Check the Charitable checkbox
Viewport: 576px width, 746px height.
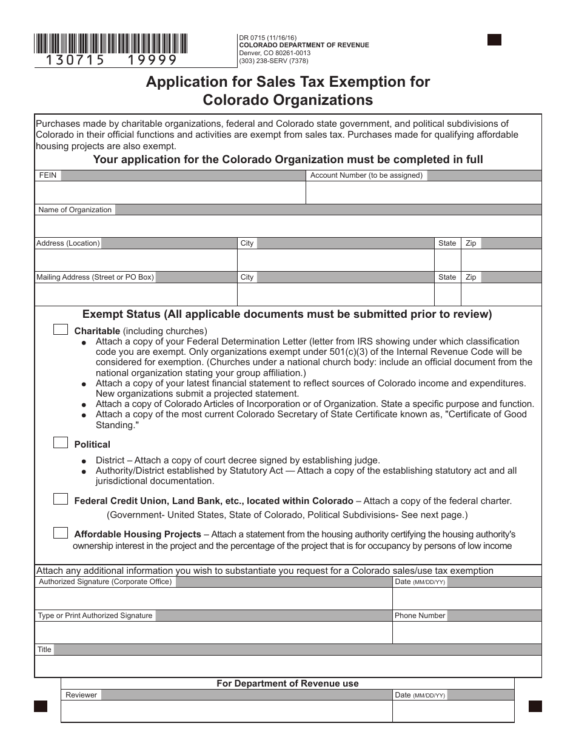point(61,330)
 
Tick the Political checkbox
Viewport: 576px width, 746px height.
point(61,443)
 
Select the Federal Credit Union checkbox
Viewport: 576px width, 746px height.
point(61,500)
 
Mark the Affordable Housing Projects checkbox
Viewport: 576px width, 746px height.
point(61,533)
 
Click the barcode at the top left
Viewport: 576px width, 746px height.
point(111,44)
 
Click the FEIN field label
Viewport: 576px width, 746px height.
point(48,175)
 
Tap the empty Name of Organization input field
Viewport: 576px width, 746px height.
point(288,226)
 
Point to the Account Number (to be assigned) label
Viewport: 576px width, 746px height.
point(366,175)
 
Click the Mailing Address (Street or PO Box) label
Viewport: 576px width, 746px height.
point(95,277)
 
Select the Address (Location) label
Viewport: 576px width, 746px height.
point(68,243)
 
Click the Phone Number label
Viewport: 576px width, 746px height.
point(420,616)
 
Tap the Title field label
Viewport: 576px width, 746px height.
point(45,650)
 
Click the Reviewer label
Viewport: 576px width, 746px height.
point(81,695)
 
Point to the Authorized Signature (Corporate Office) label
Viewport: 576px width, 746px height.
point(105,582)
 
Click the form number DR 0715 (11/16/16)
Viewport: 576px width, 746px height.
point(267,38)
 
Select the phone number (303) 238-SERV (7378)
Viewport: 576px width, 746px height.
point(273,61)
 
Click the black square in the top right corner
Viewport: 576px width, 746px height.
point(494,40)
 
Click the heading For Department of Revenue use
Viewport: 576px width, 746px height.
point(287,684)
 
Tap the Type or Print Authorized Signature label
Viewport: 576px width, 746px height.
point(95,616)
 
